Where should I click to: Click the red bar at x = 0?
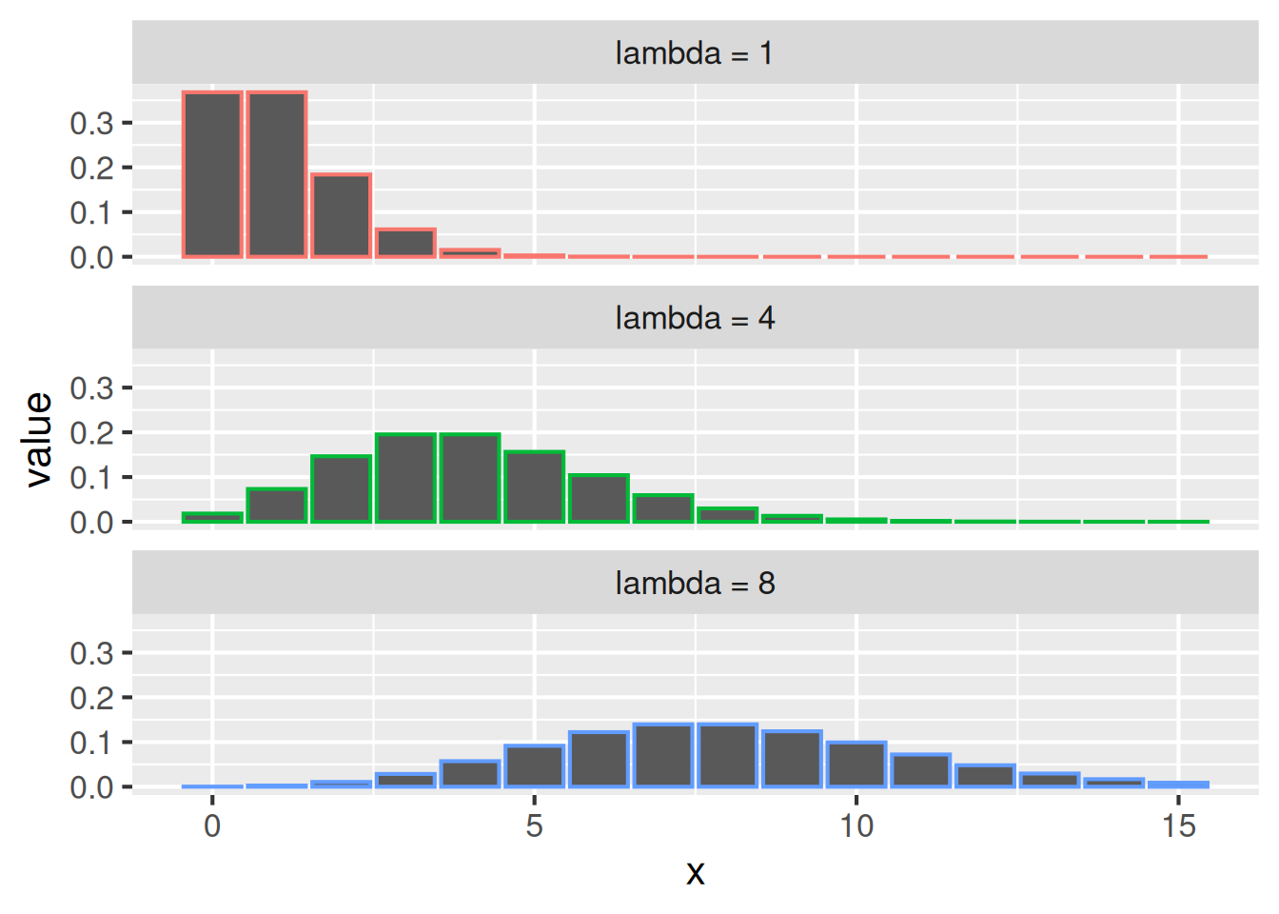pos(212,174)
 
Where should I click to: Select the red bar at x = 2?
pos(341,215)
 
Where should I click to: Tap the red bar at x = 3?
pos(405,243)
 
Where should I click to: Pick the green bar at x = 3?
pos(405,478)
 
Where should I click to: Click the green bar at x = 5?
pos(534,487)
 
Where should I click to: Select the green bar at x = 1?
pos(277,506)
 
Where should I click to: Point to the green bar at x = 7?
pos(663,508)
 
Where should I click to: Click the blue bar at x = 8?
pos(728,756)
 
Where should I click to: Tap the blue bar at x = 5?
pos(534,766)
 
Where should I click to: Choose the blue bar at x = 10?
pos(856,765)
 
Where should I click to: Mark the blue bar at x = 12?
pos(985,776)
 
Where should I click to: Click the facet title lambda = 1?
pos(695,53)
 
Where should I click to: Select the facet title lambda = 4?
pos(695,318)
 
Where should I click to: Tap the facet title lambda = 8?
pos(695,583)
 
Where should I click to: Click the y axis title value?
pos(39,439)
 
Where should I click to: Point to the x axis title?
pos(695,872)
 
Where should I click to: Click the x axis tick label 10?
pos(856,825)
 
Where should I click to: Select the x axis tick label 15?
pos(1178,825)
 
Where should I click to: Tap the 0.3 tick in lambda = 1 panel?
pos(91,123)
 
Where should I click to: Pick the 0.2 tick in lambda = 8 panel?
pos(91,698)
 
